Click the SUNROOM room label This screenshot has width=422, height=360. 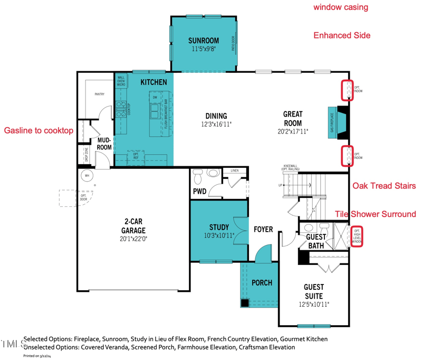204,41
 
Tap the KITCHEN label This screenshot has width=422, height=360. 154,82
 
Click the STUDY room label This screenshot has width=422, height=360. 218,228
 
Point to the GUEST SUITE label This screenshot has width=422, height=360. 313,291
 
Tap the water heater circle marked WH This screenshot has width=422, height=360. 85,175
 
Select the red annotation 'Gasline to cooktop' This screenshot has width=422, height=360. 39,130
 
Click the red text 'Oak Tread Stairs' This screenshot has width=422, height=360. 384,186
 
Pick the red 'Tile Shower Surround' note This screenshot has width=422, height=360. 376,214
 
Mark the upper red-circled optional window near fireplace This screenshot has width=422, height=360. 347,90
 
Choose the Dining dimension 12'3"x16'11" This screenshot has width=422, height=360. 216,125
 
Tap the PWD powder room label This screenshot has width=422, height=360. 199,191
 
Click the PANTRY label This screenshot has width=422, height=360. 99,94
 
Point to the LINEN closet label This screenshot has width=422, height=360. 234,170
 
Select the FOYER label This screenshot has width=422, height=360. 263,229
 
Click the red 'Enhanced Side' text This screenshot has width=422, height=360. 342,35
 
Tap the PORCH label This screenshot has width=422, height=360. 262,283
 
